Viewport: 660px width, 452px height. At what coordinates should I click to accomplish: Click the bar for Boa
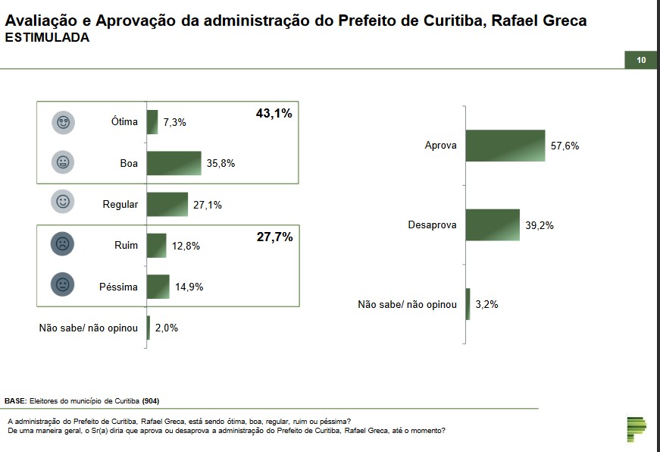174,163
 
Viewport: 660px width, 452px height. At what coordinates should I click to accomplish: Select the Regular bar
167,204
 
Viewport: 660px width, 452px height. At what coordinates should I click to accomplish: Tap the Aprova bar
505,146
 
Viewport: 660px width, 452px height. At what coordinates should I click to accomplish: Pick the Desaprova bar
492,225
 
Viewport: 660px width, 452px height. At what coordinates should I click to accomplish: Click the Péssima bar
158,287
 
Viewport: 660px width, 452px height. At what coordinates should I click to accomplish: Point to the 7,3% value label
174,122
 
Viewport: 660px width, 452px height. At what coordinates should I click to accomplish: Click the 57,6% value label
565,146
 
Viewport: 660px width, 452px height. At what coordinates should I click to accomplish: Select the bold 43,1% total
274,114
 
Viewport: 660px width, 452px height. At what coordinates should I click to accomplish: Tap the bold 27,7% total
274,237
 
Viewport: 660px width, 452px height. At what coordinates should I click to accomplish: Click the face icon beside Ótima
64,122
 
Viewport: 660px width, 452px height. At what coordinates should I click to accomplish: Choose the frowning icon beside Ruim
64,244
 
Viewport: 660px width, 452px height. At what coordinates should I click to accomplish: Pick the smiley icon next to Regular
64,202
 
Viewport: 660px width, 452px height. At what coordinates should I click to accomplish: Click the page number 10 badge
641,61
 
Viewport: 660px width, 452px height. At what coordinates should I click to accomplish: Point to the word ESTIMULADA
47,37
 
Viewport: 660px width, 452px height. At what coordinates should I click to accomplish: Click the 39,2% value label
540,225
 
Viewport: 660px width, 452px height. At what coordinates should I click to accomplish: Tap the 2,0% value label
167,328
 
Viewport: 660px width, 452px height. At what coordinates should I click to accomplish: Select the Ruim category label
125,245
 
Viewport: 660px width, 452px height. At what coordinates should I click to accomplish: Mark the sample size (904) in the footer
150,400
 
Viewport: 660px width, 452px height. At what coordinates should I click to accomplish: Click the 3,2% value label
486,304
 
